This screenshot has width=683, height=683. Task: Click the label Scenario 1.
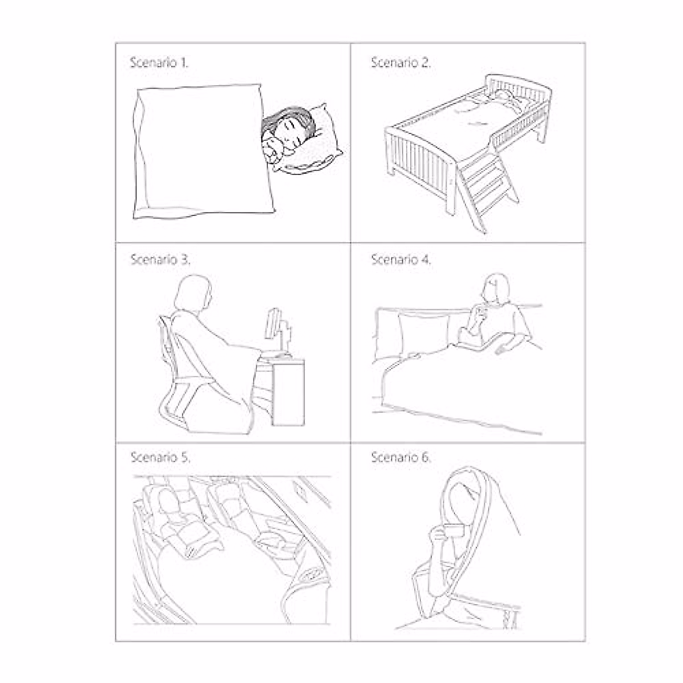tap(159, 63)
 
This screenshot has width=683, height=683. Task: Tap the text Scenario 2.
tap(401, 63)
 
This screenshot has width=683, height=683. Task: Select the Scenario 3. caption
tap(160, 260)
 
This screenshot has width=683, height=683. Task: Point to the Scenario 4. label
tap(401, 260)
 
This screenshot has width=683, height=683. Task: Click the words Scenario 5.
tap(160, 457)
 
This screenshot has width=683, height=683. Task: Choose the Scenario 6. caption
tap(401, 457)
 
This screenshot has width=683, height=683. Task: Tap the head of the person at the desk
tap(192, 293)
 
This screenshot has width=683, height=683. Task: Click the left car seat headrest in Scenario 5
tap(170, 501)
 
